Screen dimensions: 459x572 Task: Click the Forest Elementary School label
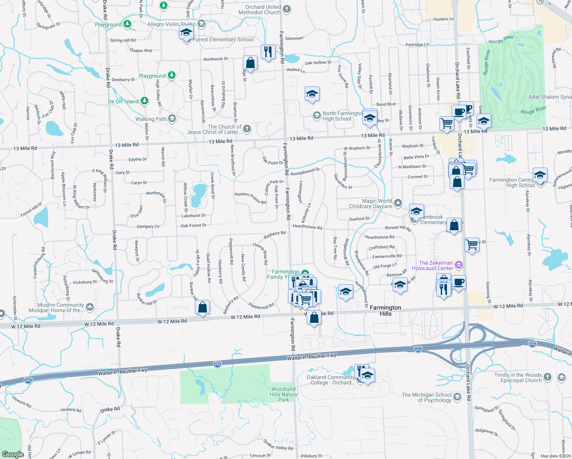(x=223, y=39)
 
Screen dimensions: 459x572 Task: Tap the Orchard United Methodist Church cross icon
(x=287, y=9)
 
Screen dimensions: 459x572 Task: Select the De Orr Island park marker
(x=144, y=101)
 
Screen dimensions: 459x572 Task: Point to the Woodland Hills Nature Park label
(x=284, y=394)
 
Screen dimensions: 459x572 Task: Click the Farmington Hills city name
(x=385, y=311)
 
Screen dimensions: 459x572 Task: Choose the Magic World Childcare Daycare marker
(x=398, y=203)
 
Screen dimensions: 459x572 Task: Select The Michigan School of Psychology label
(x=427, y=397)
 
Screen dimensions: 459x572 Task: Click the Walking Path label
(x=151, y=119)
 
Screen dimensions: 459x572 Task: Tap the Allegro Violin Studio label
(x=171, y=24)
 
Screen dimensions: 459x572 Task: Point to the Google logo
(x=13, y=454)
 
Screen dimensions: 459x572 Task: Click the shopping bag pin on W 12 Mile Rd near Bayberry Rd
(x=202, y=307)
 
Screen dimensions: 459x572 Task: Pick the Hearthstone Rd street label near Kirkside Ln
(x=307, y=227)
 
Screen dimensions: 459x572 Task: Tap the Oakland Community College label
(x=330, y=380)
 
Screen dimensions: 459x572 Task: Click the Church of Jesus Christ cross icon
(x=247, y=129)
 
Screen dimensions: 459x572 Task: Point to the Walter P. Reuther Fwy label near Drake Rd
(x=122, y=372)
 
